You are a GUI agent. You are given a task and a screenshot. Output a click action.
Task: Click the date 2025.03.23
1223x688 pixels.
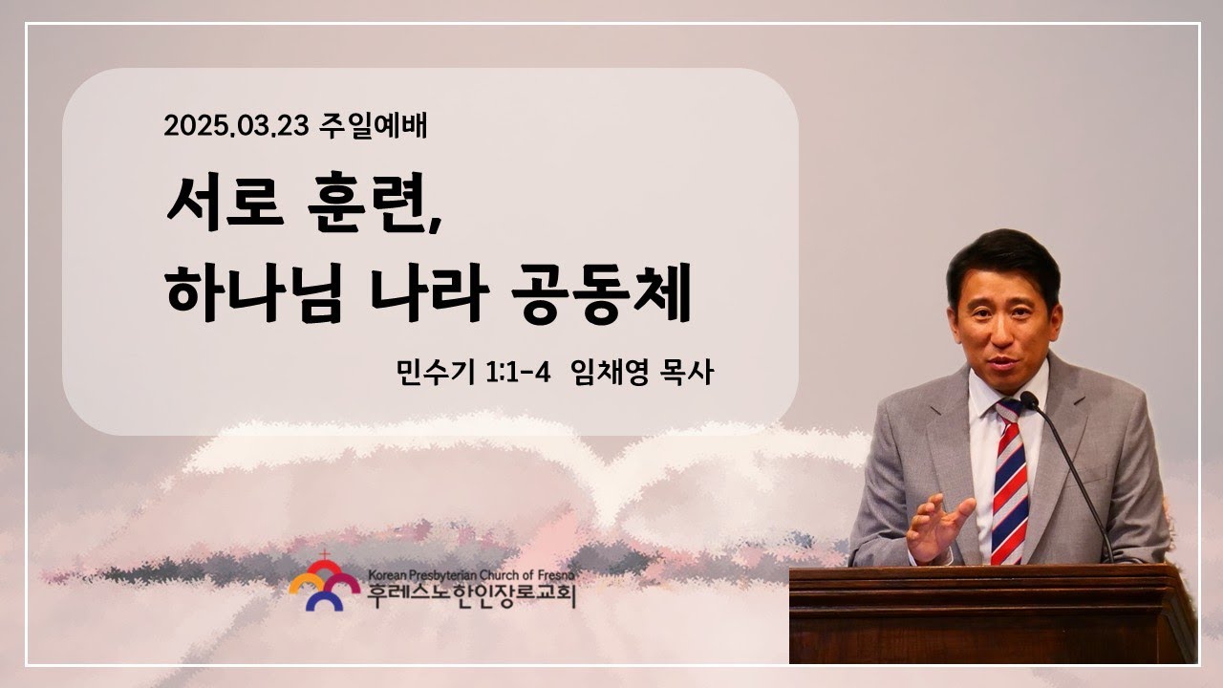[236, 126]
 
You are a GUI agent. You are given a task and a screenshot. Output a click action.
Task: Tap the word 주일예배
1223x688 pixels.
[373, 125]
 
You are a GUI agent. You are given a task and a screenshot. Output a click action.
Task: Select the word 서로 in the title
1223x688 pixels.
[225, 202]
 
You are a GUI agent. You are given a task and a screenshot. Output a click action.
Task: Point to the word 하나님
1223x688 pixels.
[255, 292]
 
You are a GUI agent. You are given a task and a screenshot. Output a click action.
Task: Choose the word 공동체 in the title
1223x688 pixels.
[602, 292]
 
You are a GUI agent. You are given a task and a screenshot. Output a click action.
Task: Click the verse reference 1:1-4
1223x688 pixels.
[518, 373]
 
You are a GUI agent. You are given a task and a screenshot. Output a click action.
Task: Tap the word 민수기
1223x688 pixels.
[436, 373]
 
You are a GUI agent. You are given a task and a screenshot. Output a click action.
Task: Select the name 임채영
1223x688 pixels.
[610, 373]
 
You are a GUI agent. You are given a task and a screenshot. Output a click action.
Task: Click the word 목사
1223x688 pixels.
[687, 373]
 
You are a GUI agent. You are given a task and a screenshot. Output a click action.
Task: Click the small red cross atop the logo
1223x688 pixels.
[325, 555]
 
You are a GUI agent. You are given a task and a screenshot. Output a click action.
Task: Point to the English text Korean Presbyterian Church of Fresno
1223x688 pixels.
[471, 575]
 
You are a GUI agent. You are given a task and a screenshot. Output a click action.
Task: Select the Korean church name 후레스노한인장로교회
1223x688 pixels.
[472, 596]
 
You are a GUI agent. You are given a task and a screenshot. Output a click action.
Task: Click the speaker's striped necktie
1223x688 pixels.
[1009, 483]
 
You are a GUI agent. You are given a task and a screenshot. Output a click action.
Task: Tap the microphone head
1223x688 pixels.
[1029, 400]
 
